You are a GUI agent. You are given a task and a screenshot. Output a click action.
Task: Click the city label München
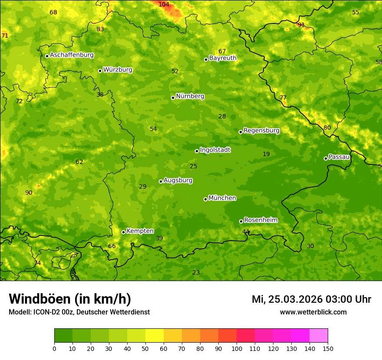(x=222, y=198)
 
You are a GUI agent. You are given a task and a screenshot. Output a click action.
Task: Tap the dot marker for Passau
(x=326, y=158)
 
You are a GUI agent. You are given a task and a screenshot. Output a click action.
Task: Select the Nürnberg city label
(x=190, y=96)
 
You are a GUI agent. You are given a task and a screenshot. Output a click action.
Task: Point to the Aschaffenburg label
(x=72, y=55)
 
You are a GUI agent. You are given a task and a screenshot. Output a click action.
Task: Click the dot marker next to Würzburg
(x=100, y=71)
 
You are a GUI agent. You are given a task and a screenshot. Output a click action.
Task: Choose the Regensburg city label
(x=261, y=131)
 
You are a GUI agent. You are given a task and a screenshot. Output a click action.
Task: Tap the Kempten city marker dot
(x=123, y=232)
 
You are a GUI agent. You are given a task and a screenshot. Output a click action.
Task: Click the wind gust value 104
(x=164, y=4)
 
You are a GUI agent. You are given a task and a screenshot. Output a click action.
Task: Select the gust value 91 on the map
(x=301, y=25)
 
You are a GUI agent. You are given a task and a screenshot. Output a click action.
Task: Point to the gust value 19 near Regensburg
(x=266, y=154)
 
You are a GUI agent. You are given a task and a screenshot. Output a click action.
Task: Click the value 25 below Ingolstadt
(x=193, y=166)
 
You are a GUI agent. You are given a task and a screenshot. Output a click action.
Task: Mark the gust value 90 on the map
(x=29, y=193)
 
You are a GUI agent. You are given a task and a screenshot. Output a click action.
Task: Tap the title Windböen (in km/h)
(x=70, y=299)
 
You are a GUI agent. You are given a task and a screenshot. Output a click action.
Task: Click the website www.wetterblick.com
(x=313, y=312)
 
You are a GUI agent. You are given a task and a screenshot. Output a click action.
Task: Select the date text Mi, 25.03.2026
(x=288, y=299)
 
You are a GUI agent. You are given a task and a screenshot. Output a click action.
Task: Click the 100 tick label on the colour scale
(x=237, y=348)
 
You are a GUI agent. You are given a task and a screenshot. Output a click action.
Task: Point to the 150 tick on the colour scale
(x=328, y=348)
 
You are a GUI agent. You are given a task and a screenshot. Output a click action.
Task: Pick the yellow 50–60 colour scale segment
(x=155, y=336)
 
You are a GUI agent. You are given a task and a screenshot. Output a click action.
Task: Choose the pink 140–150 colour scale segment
(x=319, y=336)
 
